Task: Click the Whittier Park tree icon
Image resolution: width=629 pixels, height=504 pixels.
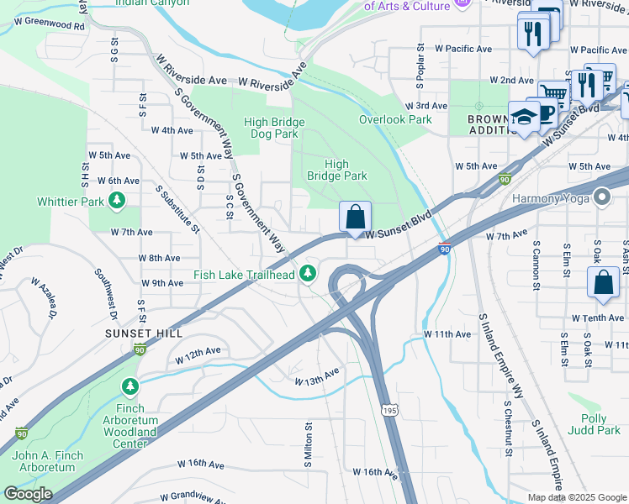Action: click(118, 201)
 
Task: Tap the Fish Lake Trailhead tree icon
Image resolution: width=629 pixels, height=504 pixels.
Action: click(309, 273)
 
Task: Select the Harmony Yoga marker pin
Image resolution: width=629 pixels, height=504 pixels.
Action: click(600, 198)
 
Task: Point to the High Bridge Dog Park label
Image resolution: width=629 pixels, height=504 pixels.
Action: click(274, 128)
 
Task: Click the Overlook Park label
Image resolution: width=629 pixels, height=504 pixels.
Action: click(395, 119)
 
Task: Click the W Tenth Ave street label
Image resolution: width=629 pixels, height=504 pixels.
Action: click(598, 318)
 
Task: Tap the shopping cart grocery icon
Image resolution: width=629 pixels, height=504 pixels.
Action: click(553, 93)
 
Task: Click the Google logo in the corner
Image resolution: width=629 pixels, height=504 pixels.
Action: click(28, 493)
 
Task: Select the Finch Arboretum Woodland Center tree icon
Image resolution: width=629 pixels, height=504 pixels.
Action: click(129, 386)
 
